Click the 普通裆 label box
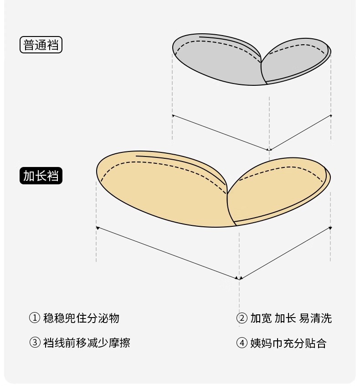click(41, 45)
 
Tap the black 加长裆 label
click(41, 176)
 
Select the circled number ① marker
click(35, 318)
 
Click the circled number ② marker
click(242, 318)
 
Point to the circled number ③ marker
click(35, 343)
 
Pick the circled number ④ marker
click(242, 343)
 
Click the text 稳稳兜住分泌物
click(81, 318)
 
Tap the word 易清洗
click(315, 318)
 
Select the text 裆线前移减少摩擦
click(87, 343)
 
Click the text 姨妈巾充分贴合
click(288, 343)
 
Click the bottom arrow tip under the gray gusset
click(269, 149)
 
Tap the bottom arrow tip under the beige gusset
click(239, 277)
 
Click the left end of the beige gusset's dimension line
click(97, 227)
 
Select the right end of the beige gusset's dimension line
click(330, 227)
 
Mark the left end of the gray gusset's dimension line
click(173, 115)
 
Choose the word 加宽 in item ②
click(261, 318)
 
